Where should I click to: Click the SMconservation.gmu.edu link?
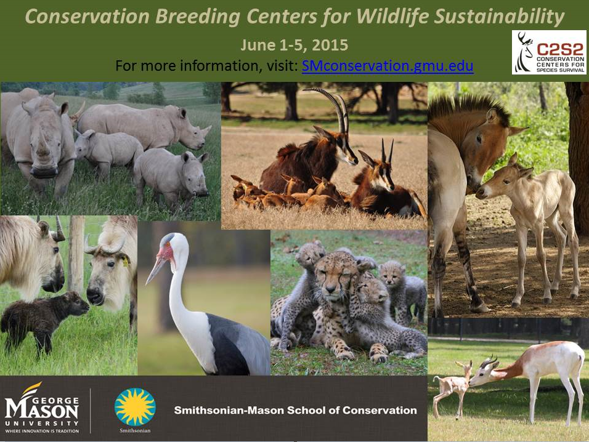[387, 66]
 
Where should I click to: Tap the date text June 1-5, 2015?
[294, 46]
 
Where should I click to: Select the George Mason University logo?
[42, 408]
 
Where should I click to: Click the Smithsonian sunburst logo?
[135, 407]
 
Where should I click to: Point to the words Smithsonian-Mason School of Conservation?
[295, 410]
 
